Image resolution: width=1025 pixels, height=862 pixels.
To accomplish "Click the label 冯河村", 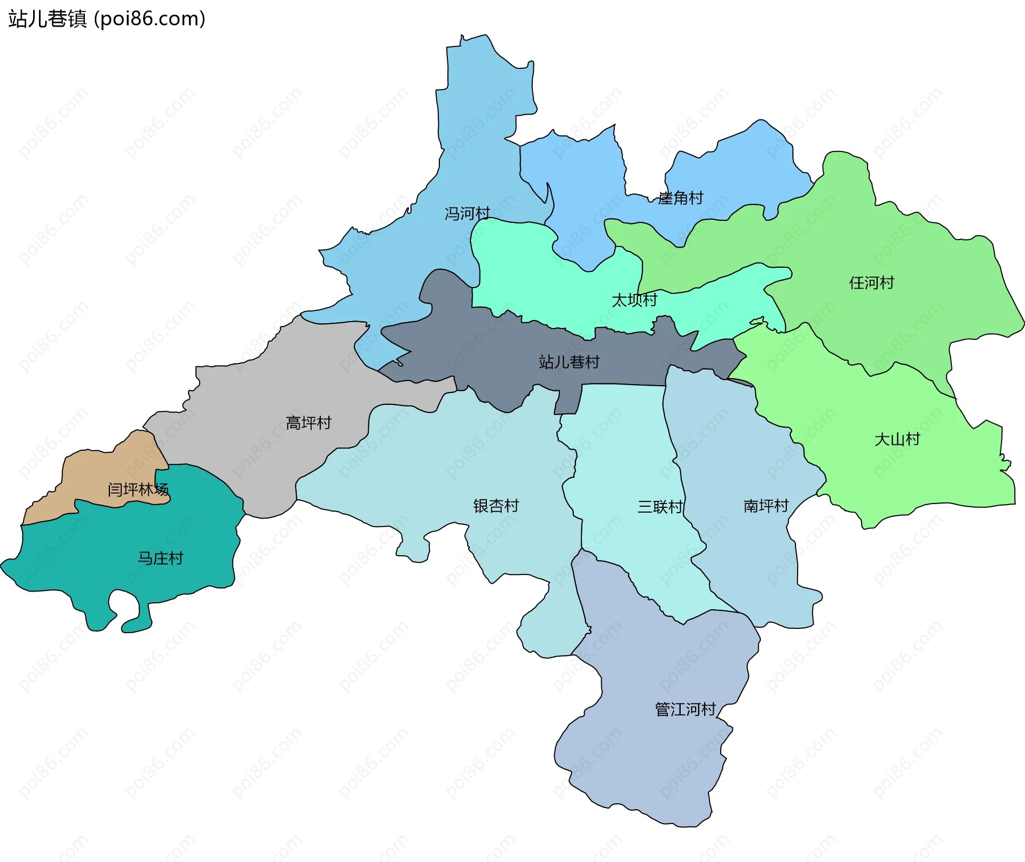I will pyautogui.click(x=467, y=214).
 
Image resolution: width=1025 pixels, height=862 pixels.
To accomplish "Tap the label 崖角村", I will pyautogui.click(x=681, y=198).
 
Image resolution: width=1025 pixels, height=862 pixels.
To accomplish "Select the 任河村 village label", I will pyautogui.click(x=871, y=283).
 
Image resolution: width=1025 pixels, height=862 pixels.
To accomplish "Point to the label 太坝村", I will pyautogui.click(x=634, y=300).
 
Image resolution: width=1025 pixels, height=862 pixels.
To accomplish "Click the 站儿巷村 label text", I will pyautogui.click(x=569, y=362).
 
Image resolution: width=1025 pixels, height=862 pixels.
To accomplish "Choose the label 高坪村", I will pyautogui.click(x=309, y=423).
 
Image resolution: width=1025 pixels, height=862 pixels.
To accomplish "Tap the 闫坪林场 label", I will pyautogui.click(x=138, y=490).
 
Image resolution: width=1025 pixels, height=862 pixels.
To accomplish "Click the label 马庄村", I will pyautogui.click(x=160, y=558).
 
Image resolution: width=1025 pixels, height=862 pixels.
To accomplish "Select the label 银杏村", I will pyautogui.click(x=496, y=506).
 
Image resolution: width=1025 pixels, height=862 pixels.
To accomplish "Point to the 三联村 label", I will pyautogui.click(x=660, y=507).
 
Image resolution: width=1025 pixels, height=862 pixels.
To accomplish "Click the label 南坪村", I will pyautogui.click(x=766, y=506).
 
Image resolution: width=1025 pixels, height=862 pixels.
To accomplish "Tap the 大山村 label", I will pyautogui.click(x=897, y=440).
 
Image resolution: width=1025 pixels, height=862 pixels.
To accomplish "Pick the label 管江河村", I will pyautogui.click(x=685, y=709).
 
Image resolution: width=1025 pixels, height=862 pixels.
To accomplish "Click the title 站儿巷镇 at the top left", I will pyautogui.click(x=47, y=19).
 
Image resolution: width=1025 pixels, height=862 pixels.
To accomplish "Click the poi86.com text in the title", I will pyautogui.click(x=149, y=19).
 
